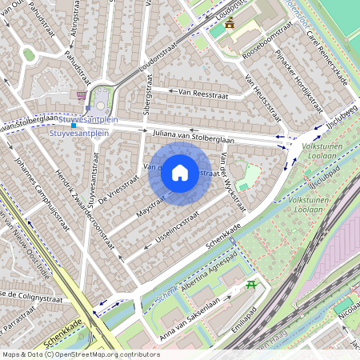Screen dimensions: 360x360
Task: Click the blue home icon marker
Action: pos(180,173)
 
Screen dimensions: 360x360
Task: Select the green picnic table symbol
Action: pos(253,284)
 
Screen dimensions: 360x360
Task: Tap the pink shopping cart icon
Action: pos(82,94)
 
